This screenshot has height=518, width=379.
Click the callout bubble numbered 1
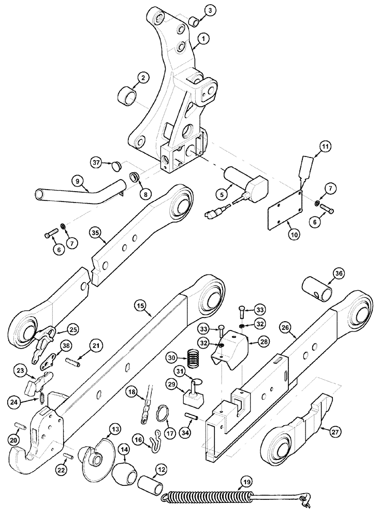[205, 38]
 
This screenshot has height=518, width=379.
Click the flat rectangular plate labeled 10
[284, 208]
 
